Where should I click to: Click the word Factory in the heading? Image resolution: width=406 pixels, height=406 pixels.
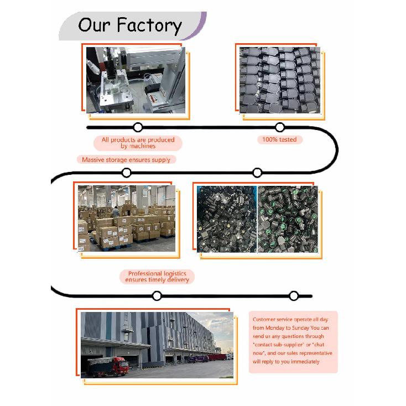click(x=149, y=26)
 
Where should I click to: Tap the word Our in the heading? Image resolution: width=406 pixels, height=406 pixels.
click(x=94, y=25)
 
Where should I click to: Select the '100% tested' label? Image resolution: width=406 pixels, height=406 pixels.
click(x=279, y=139)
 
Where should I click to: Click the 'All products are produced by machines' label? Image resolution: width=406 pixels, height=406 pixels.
click(x=138, y=143)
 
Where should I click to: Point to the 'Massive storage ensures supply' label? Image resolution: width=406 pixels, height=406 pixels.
click(x=126, y=160)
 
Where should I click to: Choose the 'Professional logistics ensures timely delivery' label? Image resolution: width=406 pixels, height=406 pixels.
click(x=157, y=277)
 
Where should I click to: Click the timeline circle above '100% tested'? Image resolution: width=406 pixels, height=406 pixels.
click(x=280, y=127)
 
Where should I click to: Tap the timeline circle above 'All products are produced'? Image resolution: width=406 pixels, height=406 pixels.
click(x=138, y=127)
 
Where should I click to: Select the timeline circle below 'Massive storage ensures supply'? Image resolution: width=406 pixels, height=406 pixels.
click(x=126, y=173)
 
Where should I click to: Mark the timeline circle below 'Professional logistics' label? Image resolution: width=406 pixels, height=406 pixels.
click(x=157, y=296)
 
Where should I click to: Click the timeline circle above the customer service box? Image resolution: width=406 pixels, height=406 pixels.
click(x=294, y=296)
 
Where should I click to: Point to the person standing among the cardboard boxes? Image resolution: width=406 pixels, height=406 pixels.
click(x=116, y=211)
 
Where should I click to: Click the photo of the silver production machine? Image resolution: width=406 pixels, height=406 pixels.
click(x=136, y=80)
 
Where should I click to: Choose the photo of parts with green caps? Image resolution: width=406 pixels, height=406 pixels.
click(x=288, y=219)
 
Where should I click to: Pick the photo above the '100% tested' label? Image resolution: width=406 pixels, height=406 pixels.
click(x=280, y=80)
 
